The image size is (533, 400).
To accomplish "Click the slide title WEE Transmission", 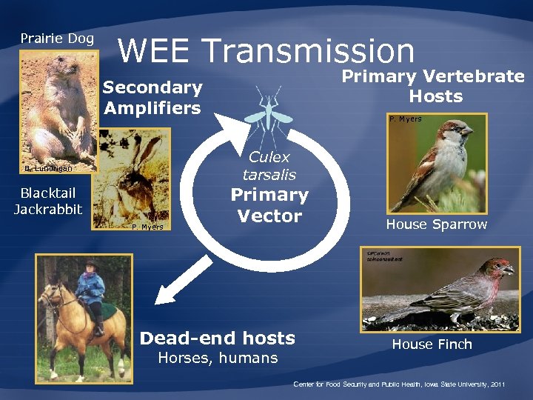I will tap(266, 50).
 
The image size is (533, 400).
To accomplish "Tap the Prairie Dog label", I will tap(57, 38).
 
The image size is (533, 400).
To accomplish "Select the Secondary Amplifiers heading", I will tap(152, 98).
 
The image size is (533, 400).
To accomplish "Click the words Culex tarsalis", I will tap(269, 166).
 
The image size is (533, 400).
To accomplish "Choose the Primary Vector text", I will tap(269, 205).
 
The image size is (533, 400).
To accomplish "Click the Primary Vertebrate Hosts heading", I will tap(433, 86).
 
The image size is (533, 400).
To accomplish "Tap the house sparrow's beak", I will tap(468, 131).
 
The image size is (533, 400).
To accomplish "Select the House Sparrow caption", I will tap(436, 224).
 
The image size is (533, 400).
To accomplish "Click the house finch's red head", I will tap(497, 267).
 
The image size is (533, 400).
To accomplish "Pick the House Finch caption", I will tap(432, 344).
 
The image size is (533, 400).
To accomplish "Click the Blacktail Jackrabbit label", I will tap(48, 201).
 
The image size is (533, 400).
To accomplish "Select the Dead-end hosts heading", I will tap(218, 339).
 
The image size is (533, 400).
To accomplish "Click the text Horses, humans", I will tap(218, 359).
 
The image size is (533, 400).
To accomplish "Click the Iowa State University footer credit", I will tap(399, 384).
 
